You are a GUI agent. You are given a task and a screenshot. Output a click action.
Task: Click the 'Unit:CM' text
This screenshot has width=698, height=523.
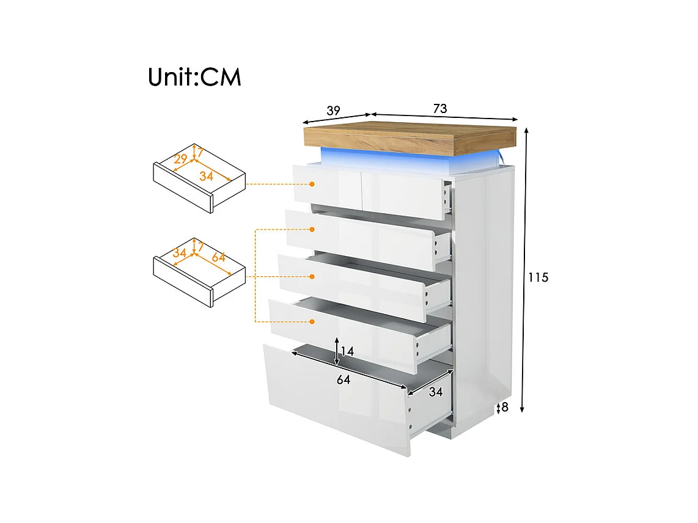194,76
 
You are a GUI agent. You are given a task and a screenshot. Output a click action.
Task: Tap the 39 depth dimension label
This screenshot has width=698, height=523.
334,111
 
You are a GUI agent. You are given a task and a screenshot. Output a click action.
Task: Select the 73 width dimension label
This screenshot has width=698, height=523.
440,108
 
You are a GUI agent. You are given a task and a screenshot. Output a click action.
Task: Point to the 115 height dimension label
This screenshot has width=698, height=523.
538,277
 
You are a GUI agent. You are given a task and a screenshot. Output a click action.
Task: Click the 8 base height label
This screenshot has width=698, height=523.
505,407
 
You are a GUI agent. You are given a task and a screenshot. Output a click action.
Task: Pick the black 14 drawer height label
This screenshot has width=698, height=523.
347,351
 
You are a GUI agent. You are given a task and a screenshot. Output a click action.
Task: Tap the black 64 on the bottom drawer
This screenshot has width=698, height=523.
343,379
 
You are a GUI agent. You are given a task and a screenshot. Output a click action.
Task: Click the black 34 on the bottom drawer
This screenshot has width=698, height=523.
436,392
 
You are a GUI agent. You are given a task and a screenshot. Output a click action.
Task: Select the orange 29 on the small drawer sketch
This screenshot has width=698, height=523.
180,159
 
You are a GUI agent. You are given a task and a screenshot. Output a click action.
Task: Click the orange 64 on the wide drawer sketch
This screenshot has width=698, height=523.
219,257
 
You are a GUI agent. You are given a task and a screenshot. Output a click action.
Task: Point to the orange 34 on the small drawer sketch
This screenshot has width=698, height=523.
206,176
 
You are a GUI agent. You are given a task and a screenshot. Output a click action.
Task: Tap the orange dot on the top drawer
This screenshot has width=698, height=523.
312,184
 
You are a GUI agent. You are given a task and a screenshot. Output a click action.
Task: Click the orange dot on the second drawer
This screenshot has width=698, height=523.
312,229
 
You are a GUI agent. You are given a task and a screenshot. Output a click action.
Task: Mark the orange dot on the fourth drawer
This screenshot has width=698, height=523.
312,321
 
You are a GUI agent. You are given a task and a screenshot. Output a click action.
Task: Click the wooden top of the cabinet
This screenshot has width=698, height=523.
410,135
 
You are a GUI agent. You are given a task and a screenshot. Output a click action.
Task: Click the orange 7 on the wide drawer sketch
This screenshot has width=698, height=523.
200,246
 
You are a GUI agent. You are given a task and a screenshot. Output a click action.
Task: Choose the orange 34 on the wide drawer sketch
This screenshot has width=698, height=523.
180,253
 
